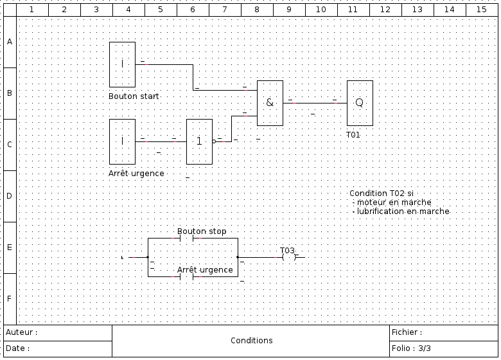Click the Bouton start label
point(134,96)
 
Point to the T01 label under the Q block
point(353,135)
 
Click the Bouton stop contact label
point(202,231)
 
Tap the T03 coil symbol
point(289,257)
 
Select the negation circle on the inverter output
point(214,141)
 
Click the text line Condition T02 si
point(382,194)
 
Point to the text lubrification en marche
point(403,212)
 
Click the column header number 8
point(257,10)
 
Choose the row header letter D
point(10,196)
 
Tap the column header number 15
point(482,10)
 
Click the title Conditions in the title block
point(251,341)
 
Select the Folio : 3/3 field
point(411,348)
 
